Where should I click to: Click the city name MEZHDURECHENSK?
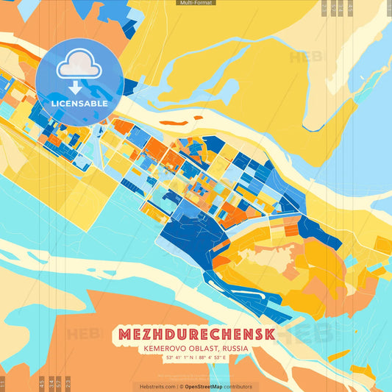(x=195, y=335)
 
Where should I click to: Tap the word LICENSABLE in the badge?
(x=79, y=104)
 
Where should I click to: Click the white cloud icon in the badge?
(x=79, y=68)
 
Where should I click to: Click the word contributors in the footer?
(x=238, y=386)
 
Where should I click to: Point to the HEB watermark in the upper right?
(x=304, y=56)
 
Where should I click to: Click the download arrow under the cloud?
(x=75, y=86)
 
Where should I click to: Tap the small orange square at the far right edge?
(x=383, y=245)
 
